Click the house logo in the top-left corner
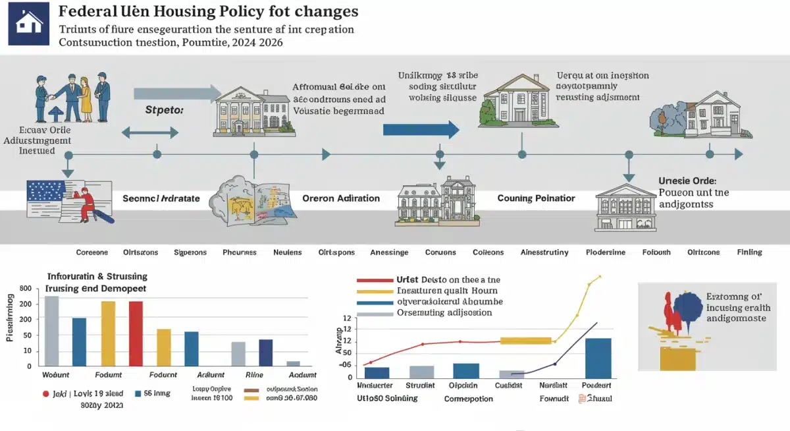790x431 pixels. (x=28, y=23)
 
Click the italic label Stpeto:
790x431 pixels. (x=164, y=111)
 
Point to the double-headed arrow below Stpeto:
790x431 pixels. (x=151, y=132)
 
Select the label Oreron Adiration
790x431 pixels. (x=340, y=198)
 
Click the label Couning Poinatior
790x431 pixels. (x=536, y=198)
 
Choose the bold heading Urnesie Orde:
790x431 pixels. (x=687, y=180)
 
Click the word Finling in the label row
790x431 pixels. (x=749, y=252)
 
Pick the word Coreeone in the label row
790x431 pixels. (x=91, y=252)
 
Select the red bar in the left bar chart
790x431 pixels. (x=136, y=333)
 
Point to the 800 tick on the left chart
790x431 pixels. (x=26, y=289)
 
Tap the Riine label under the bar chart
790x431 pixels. (x=255, y=374)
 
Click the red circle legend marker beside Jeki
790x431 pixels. (x=45, y=393)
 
